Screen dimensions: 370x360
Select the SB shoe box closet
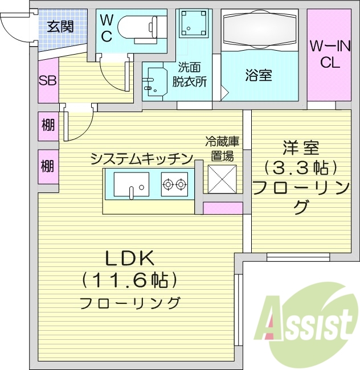(x=47, y=80)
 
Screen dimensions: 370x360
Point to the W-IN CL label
(x=330, y=54)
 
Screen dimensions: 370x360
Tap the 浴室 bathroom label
(x=259, y=76)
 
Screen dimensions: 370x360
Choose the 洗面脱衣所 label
(x=191, y=74)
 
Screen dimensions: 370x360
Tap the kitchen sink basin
(x=131, y=183)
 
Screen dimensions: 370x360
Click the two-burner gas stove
(x=174, y=184)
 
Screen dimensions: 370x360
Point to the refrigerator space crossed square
(x=222, y=179)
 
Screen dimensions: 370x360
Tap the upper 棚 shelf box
(x=48, y=124)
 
